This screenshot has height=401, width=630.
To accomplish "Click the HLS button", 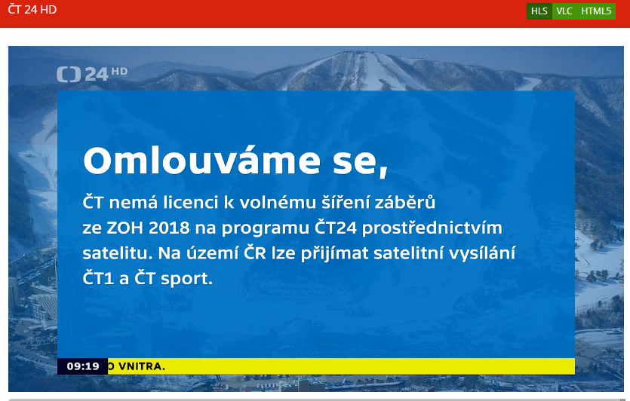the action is coord(539,11).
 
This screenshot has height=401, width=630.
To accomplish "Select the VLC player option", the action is coord(564,11).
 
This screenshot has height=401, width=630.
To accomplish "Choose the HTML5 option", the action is coord(596,11).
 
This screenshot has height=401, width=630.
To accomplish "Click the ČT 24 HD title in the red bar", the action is coord(32,10).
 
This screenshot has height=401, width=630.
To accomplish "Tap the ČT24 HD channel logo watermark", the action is coord(92,74).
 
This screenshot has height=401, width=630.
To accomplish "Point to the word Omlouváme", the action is coord(201,161).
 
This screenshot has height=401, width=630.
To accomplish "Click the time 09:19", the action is coord(83,366).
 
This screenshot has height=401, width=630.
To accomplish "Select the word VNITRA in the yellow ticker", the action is coord(142,366).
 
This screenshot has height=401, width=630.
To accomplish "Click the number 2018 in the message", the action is coord(169,228).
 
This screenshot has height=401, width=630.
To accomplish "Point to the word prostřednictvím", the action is coord(432,228).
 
